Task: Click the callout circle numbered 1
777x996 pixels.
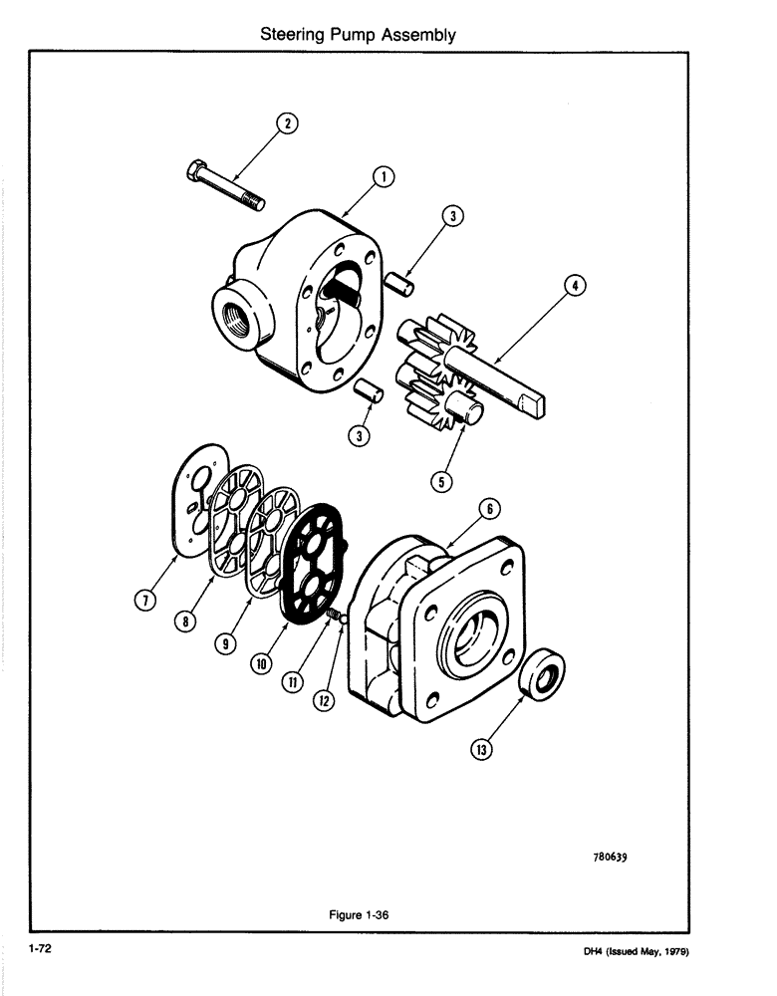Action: click(x=381, y=178)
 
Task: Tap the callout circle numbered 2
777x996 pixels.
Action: click(x=286, y=124)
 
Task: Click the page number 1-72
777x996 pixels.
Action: click(x=40, y=950)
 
